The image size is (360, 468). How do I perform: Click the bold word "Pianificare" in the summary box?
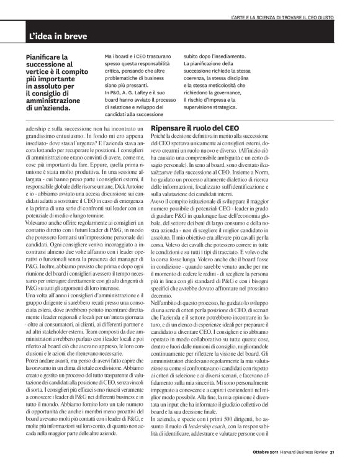[x=44, y=56]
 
